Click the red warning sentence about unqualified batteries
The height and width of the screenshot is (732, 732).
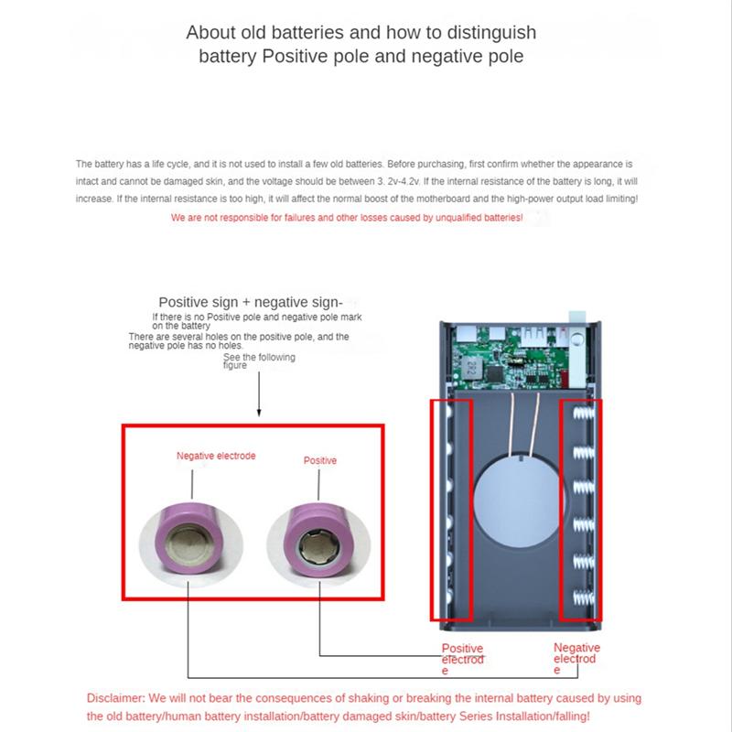(x=347, y=218)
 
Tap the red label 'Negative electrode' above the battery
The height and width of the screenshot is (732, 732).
(x=216, y=456)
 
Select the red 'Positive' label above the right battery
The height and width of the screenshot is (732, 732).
(x=320, y=460)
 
